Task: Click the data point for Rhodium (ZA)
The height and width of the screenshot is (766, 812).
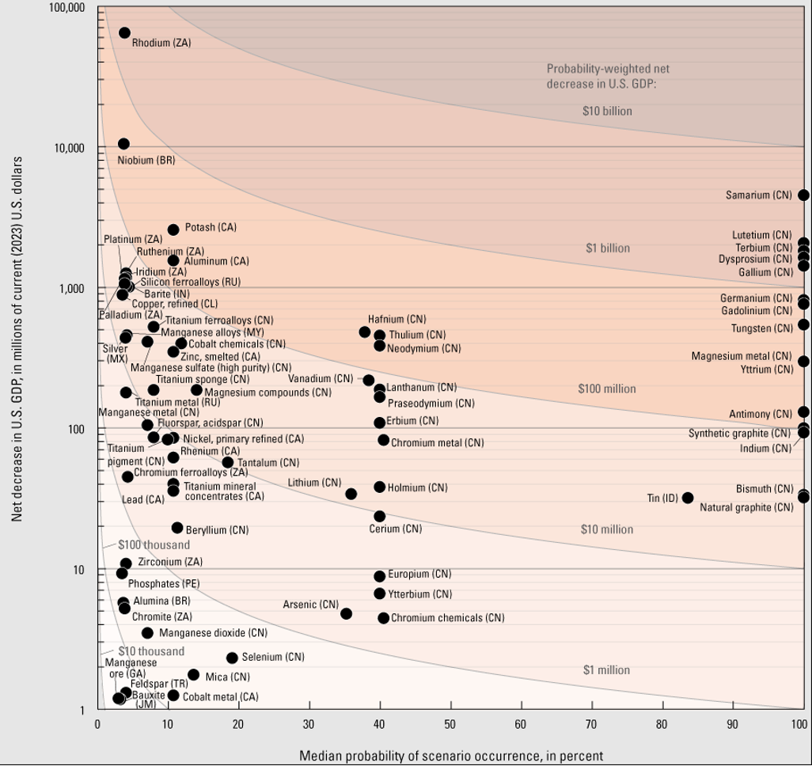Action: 124,32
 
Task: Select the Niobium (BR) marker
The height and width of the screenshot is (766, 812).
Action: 123,143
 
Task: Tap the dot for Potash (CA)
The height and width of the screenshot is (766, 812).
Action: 173,229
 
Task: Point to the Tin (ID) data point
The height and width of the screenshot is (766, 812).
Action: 688,498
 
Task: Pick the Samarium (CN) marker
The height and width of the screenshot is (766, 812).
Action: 803,195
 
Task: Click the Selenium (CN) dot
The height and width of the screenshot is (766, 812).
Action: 232,658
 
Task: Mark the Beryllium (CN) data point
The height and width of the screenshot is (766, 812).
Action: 177,528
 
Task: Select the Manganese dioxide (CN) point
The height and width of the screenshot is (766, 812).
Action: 147,633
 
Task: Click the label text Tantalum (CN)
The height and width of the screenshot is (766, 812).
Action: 268,462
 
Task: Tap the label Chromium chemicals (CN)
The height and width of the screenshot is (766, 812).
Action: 447,618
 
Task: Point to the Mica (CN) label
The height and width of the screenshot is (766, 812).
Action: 227,677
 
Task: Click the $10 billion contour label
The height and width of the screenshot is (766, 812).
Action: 607,111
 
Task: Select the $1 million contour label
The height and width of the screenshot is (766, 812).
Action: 606,670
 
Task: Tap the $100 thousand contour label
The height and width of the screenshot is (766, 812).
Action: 154,545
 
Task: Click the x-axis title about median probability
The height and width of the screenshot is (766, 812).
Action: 451,756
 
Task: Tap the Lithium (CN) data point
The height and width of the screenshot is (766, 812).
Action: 351,494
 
